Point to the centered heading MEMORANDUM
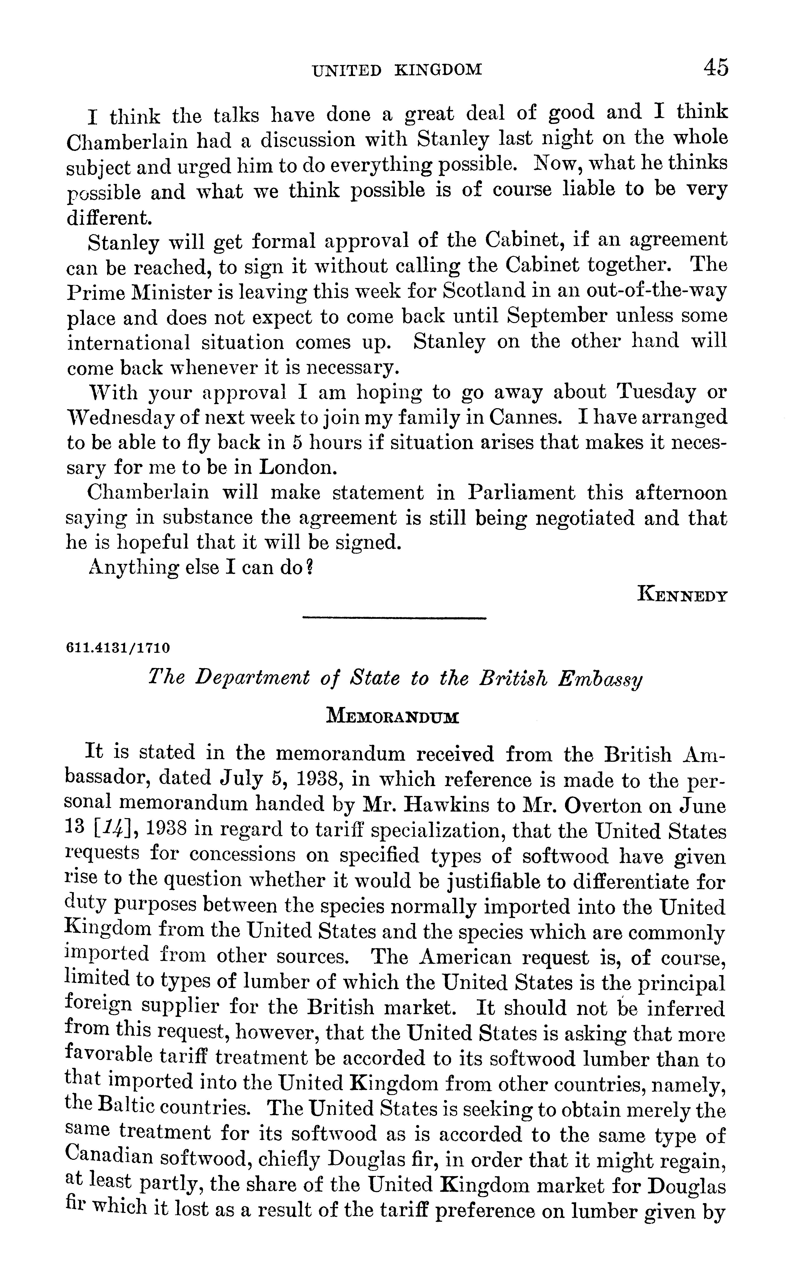(x=393, y=718)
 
